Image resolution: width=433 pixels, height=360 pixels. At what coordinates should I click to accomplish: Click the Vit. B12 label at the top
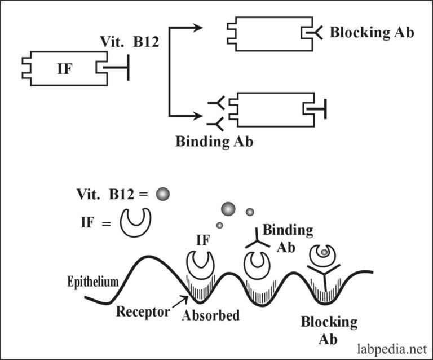126,41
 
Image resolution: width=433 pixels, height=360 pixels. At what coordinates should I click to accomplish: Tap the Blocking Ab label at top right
372,33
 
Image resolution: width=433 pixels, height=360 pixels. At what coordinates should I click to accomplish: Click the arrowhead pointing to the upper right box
198,28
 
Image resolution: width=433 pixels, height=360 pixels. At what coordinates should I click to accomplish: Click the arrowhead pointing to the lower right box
198,116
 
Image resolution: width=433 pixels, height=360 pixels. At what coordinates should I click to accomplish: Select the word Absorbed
210,315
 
